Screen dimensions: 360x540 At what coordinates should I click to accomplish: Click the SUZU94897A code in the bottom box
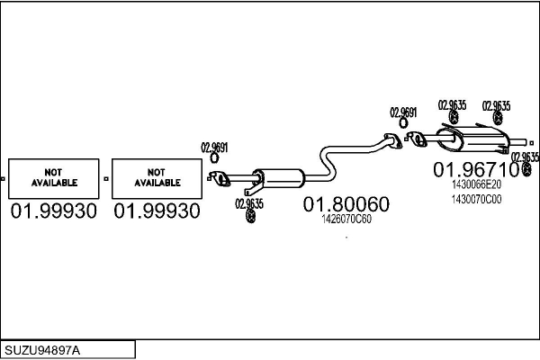[41, 349]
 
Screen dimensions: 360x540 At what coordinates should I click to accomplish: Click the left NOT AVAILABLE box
[55, 177]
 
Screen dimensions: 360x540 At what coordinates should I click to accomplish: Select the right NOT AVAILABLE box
[157, 177]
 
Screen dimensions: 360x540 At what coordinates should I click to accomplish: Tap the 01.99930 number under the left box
[55, 211]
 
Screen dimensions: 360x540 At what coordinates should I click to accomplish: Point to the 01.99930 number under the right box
[157, 211]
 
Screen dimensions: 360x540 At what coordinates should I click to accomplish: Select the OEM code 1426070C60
[346, 219]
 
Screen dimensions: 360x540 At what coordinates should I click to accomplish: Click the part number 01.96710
[476, 168]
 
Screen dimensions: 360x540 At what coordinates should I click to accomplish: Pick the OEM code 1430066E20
[476, 186]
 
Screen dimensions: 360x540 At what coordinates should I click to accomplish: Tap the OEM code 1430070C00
[476, 199]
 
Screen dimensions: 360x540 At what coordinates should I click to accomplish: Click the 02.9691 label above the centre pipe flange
[214, 148]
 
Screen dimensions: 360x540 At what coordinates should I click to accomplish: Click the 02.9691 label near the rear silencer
[403, 112]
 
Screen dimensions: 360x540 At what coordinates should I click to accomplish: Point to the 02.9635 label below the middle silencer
[249, 203]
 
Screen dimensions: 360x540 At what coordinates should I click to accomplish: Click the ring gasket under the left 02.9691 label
[214, 159]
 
